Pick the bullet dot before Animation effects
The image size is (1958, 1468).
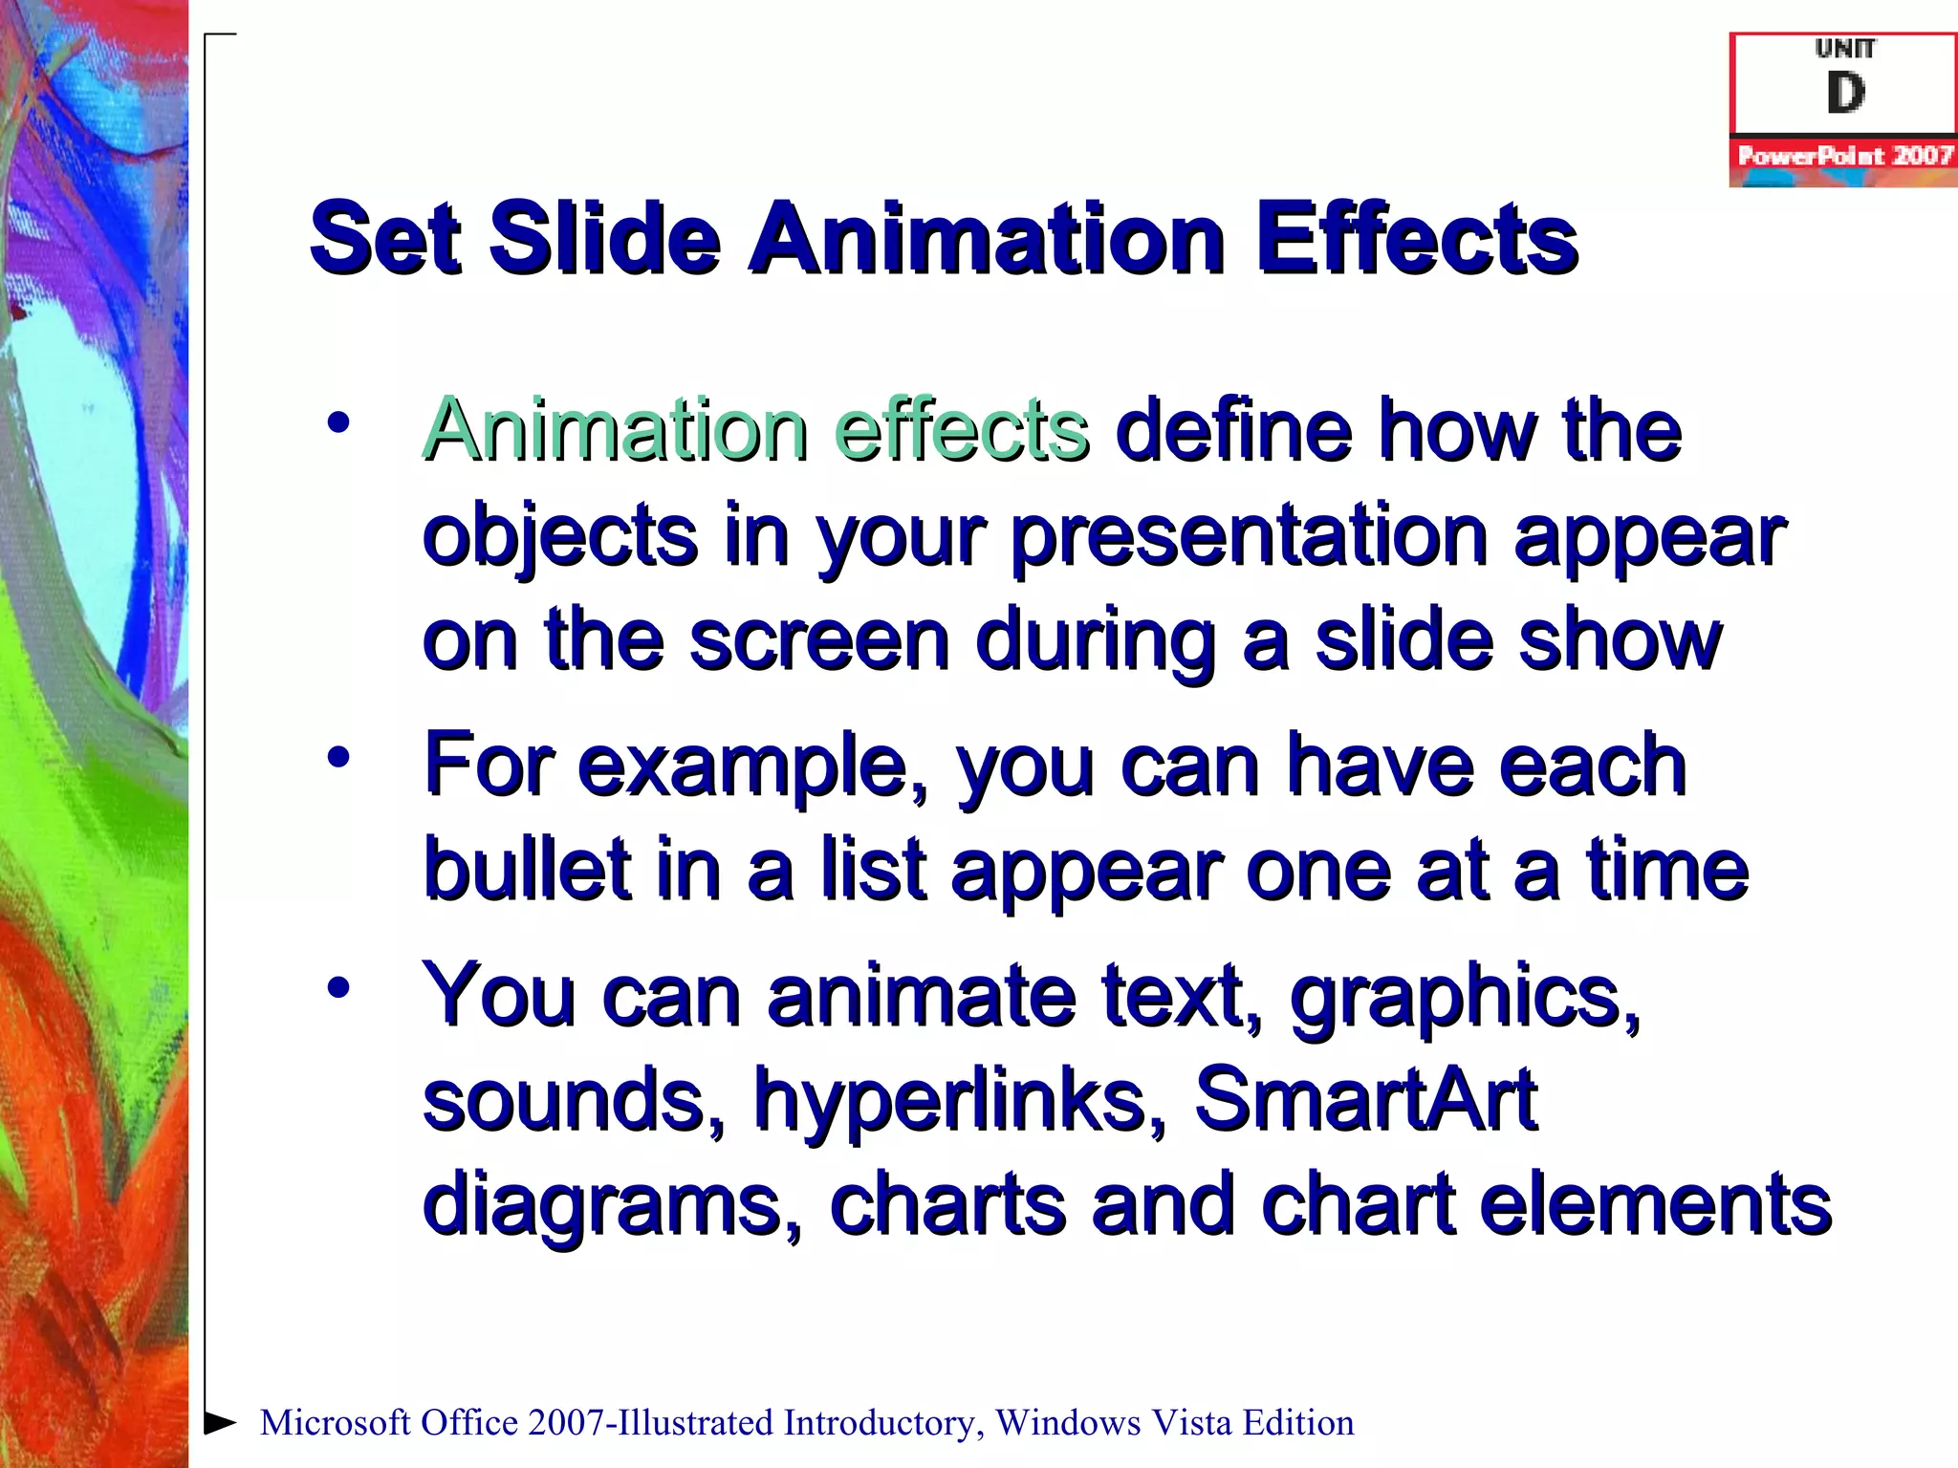tap(338, 422)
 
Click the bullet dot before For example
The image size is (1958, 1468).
tap(338, 758)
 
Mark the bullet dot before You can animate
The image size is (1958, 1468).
tap(338, 987)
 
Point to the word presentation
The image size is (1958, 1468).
tap(1249, 537)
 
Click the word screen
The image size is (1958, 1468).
tap(819, 640)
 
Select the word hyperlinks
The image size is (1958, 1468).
tap(960, 1101)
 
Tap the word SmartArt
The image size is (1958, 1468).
tap(1365, 1099)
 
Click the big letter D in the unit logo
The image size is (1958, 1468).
tap(1845, 94)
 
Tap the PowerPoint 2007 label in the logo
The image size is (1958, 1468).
tap(1844, 156)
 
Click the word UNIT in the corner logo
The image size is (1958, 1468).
tap(1845, 48)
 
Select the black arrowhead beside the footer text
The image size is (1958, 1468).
tap(220, 1422)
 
